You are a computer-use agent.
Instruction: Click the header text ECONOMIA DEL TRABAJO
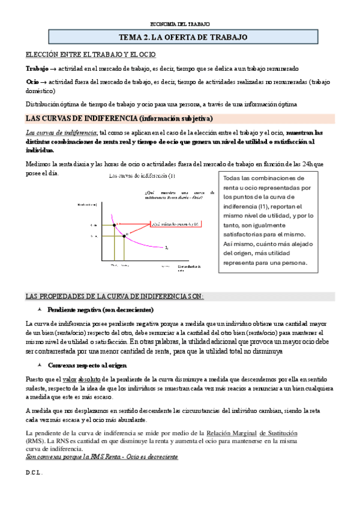tap(180, 24)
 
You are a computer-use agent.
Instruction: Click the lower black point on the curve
tap(124, 236)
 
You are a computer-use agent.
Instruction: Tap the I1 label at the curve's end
tap(167, 247)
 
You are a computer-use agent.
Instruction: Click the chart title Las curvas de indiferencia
tap(142, 176)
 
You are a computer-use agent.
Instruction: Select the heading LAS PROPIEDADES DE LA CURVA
tap(114, 297)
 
